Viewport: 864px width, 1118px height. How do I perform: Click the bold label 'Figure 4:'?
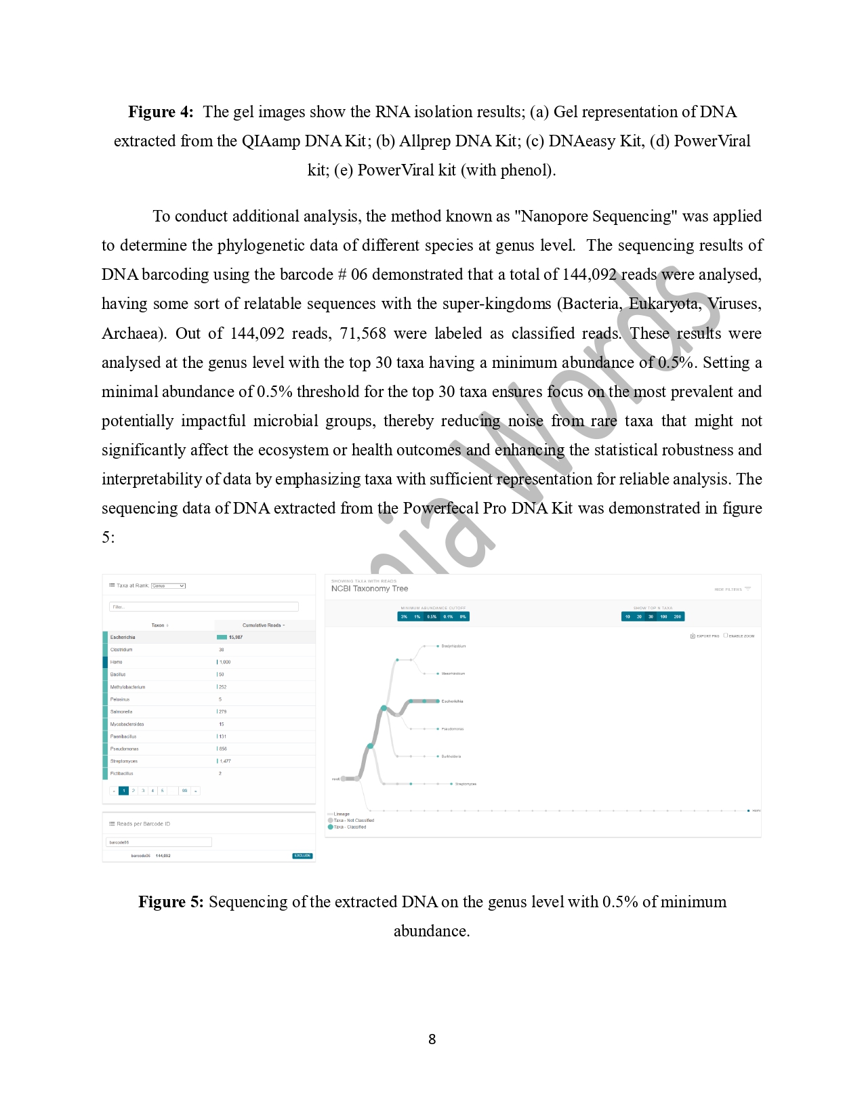161,112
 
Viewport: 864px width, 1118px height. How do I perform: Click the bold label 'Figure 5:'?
171,902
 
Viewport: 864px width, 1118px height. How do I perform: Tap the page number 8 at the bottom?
432,1039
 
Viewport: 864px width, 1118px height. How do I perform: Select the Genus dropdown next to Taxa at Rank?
168,585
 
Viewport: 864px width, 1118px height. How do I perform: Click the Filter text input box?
203,607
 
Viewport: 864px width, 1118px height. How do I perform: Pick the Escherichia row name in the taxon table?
123,637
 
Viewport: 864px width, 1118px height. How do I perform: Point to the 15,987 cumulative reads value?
235,637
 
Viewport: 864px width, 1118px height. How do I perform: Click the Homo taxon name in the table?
117,662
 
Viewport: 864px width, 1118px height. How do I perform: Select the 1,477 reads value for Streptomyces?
225,761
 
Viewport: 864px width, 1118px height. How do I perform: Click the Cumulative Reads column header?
263,625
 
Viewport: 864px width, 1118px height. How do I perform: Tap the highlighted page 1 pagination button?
123,791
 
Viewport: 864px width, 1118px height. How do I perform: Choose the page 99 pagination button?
184,791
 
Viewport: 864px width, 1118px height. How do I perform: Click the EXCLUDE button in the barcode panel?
302,856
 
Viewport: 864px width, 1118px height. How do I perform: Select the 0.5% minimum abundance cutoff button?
432,617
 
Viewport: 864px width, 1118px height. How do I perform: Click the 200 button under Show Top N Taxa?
678,617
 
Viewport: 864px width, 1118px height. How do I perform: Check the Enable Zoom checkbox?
725,636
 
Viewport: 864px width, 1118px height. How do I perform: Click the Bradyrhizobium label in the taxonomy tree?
453,646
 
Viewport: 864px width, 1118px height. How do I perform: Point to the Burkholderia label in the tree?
451,756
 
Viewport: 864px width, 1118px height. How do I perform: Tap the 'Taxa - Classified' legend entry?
349,827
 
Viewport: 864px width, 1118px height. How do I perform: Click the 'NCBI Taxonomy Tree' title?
369,589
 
